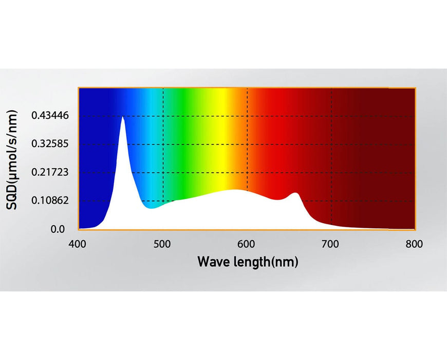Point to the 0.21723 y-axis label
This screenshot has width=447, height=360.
(49, 172)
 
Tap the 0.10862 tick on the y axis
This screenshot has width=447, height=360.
(49, 201)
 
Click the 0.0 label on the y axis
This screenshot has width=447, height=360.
(58, 229)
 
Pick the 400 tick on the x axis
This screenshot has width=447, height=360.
(78, 244)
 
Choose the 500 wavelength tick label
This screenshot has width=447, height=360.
(162, 244)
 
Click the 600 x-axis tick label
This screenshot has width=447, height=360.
(247, 244)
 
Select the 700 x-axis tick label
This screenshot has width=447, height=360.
(331, 244)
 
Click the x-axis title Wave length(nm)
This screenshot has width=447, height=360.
(248, 262)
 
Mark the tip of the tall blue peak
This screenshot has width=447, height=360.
(123, 117)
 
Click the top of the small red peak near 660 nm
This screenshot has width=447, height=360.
(295, 193)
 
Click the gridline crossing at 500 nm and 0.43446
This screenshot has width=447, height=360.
(163, 116)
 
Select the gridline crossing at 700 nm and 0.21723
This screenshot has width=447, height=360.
(331, 172)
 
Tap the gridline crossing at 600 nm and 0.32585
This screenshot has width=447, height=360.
(247, 144)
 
